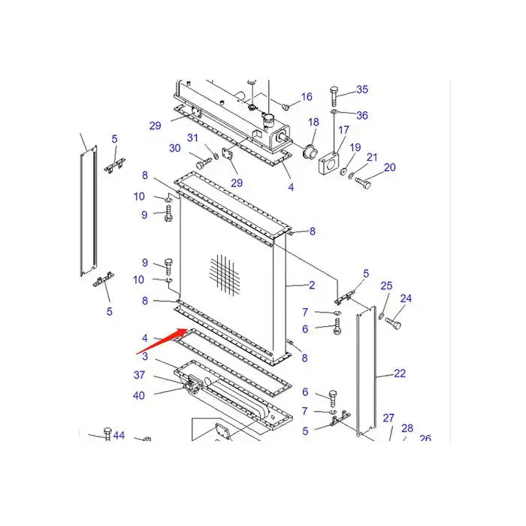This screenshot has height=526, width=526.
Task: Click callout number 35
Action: (362, 90)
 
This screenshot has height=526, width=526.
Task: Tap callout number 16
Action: (307, 97)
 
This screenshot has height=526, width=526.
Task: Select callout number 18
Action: (313, 122)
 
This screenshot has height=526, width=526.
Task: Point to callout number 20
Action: (389, 168)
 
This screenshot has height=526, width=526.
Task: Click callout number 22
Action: (400, 373)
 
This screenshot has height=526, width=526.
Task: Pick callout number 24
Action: (406, 299)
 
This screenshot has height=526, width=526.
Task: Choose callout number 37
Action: (140, 375)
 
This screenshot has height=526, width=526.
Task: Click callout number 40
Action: (140, 395)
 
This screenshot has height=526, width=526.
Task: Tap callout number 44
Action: (119, 435)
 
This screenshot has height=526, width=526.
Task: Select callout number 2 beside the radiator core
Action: (311, 285)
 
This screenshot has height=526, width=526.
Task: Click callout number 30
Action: (175, 148)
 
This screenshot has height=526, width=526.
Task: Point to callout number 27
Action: (388, 418)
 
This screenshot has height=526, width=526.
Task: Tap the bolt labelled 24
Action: (394, 323)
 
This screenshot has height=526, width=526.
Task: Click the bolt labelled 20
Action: (363, 181)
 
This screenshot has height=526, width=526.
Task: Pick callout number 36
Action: (362, 115)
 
